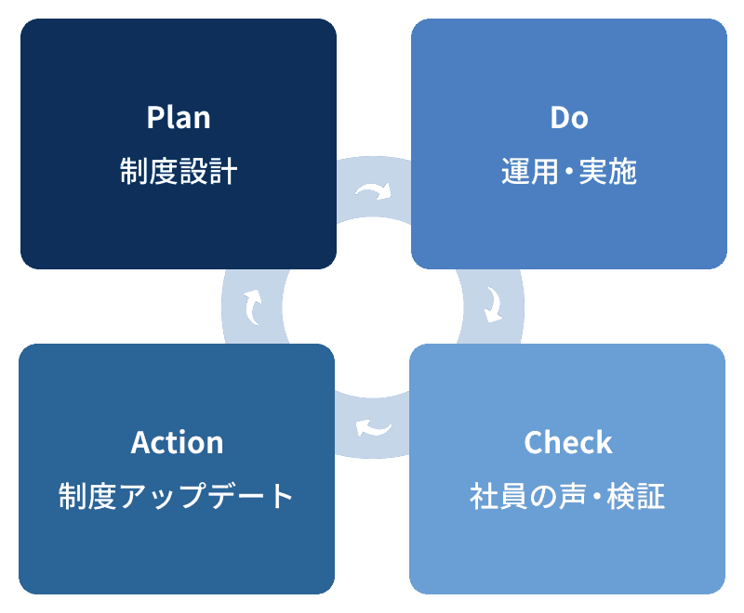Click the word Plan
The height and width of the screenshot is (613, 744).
pos(179,118)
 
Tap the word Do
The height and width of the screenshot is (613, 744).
pos(569,118)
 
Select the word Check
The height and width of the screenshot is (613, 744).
pos(568,442)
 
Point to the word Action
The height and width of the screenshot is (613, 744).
pos(178,442)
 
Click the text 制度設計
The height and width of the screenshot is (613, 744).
pos(179,172)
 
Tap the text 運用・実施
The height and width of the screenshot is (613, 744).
pos(569,172)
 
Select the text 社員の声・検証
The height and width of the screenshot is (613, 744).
pos(568,496)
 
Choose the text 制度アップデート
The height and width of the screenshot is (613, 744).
pos(177,496)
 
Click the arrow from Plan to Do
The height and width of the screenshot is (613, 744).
pos(373,191)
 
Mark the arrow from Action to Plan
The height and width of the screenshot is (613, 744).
pos(252,306)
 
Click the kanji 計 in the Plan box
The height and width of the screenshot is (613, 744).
pos(223,172)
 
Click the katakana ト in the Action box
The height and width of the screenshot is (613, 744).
pos(282,496)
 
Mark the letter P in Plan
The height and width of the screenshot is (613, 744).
pos(154,118)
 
